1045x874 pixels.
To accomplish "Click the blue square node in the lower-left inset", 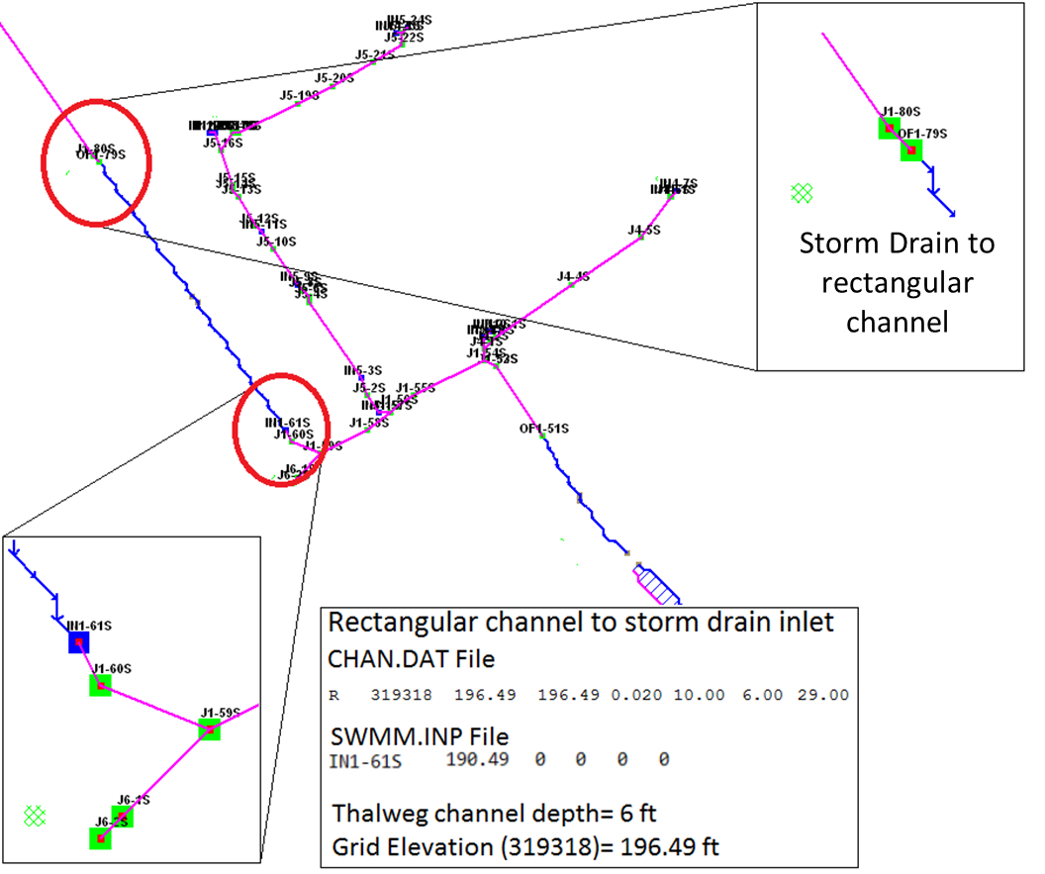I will pyautogui.click(x=78, y=642).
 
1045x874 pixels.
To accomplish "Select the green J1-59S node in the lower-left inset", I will pyautogui.click(x=209, y=729).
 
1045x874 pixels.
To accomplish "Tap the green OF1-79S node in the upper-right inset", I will pyautogui.click(x=911, y=149).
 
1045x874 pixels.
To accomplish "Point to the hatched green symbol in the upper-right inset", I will pyautogui.click(x=803, y=193).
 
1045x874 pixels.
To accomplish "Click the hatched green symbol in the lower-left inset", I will pyautogui.click(x=35, y=815).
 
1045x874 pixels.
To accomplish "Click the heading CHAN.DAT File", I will pyautogui.click(x=411, y=658).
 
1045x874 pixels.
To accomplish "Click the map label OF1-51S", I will pyautogui.click(x=544, y=429).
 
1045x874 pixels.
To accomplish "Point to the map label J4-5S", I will pyautogui.click(x=644, y=230).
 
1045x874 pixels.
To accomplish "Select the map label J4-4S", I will pyautogui.click(x=573, y=276).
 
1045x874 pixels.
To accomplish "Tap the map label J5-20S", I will pyautogui.click(x=334, y=77).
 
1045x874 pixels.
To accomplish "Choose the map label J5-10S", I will pyautogui.click(x=276, y=241).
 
